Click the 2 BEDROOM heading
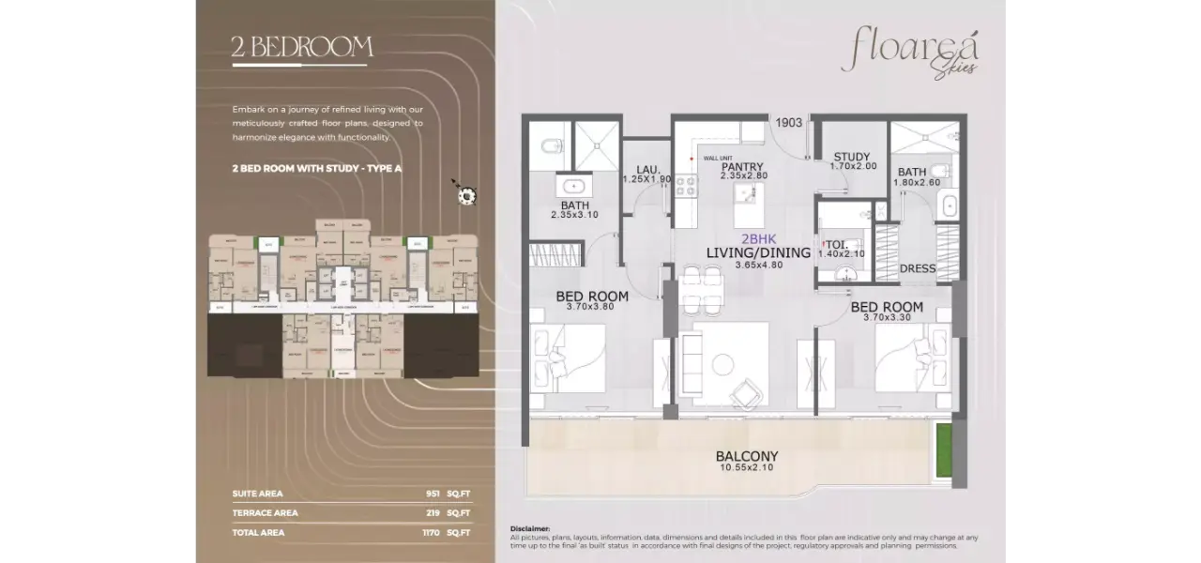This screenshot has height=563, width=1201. click(x=302, y=48)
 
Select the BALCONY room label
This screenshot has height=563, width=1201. click(x=747, y=457)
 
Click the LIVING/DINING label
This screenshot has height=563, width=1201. click(x=758, y=252)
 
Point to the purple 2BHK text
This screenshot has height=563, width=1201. click(x=758, y=238)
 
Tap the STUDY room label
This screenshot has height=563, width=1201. click(x=851, y=157)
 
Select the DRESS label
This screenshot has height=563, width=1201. click(x=917, y=268)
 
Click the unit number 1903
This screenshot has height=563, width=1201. click(x=789, y=122)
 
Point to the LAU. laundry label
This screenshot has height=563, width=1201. click(x=647, y=169)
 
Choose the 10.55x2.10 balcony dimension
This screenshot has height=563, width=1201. click(x=747, y=468)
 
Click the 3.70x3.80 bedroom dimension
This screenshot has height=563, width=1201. click(x=591, y=307)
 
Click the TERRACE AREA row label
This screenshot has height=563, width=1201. click(x=266, y=513)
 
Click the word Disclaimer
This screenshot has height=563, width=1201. click(x=530, y=528)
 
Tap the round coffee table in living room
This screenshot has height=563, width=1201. click(x=725, y=362)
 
